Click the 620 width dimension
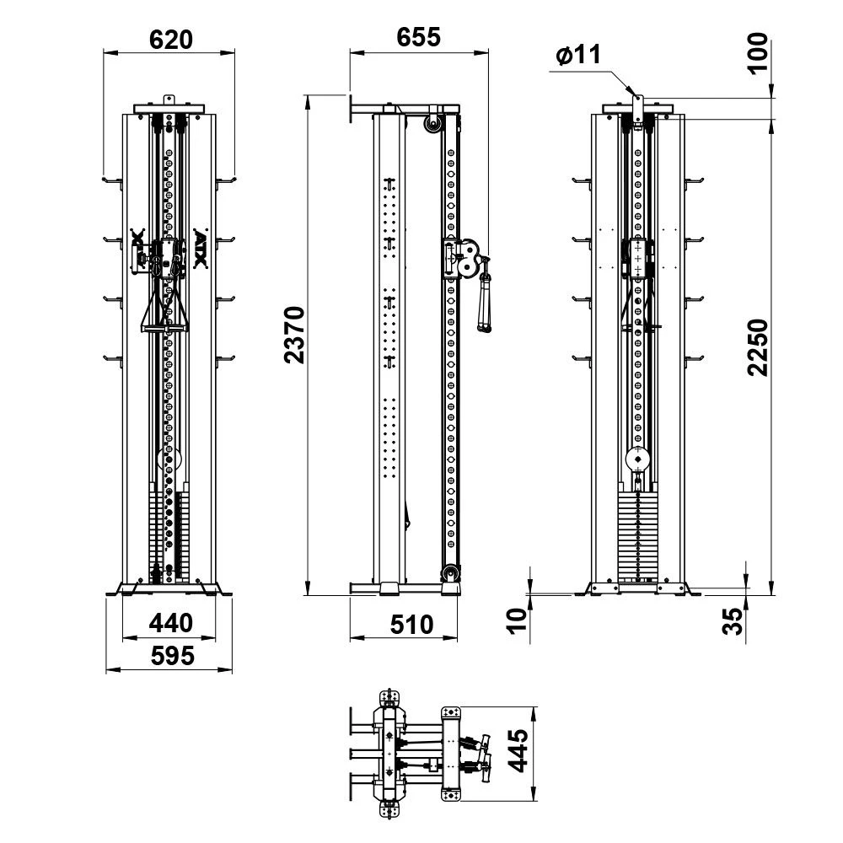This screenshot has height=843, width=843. point(170,40)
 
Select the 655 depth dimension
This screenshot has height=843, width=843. point(418,37)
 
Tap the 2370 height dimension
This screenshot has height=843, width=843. point(294,335)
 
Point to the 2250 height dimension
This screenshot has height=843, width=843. point(758,347)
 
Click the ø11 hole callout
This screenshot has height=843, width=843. point(578,55)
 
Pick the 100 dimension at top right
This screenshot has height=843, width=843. point(758,52)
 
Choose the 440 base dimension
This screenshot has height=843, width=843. point(170,623)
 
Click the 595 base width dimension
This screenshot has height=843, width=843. point(172,656)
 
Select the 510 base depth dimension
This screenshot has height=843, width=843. point(411,625)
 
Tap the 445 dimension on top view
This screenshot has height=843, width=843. point(518,750)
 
